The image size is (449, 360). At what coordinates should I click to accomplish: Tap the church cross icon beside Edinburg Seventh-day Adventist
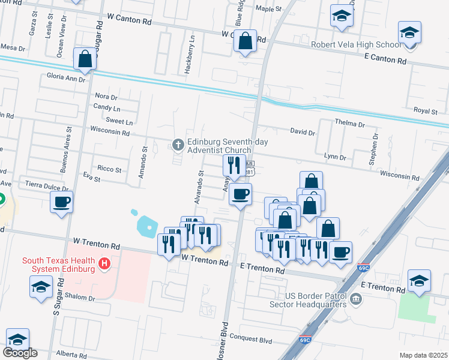click(x=178, y=144)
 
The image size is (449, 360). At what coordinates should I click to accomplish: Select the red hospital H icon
click(x=105, y=263)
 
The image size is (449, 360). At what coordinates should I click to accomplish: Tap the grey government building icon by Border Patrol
click(x=355, y=299)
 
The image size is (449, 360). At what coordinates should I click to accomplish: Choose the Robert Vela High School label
click(x=355, y=44)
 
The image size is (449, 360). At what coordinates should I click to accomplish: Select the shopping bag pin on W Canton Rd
click(x=246, y=41)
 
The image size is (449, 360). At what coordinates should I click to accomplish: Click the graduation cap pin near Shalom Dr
click(x=41, y=287)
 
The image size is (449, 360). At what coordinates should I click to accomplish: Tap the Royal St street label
click(x=425, y=110)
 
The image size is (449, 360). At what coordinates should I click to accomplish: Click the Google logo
click(x=20, y=353)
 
